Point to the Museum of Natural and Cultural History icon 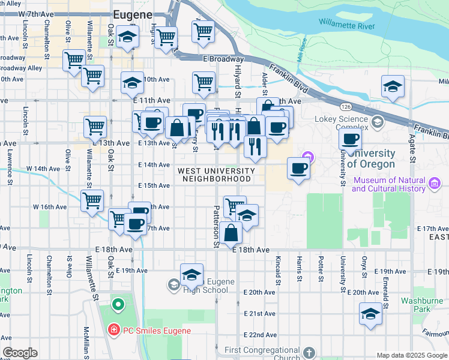(436, 181)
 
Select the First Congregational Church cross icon (309, 353)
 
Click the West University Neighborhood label (216, 175)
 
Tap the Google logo (20, 353)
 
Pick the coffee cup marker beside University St (350, 139)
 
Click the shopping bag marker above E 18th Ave (231, 232)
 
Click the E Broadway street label (223, 59)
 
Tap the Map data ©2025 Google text (411, 355)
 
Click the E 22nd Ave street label (259, 334)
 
